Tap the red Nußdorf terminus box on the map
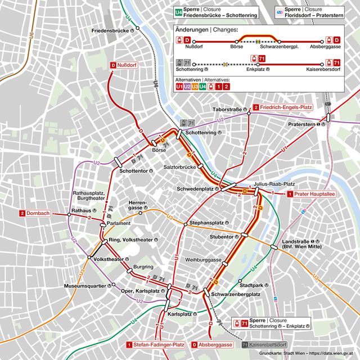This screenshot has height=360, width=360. click(x=124, y=66)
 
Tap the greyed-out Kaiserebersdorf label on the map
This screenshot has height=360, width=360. click(x=264, y=344)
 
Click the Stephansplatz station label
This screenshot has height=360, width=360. click(x=210, y=223)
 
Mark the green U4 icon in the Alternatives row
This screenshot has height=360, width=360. click(x=202, y=87)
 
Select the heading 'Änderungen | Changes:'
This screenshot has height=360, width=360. click(x=206, y=29)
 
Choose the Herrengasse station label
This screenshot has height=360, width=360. click(x=137, y=205)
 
